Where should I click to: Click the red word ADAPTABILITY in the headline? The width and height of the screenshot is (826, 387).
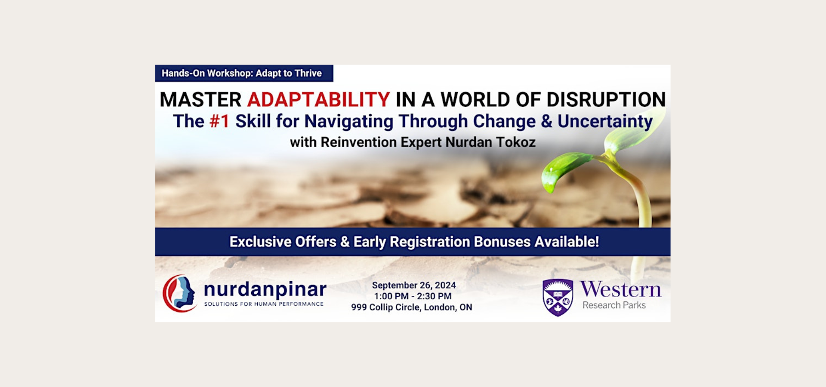click(x=318, y=100)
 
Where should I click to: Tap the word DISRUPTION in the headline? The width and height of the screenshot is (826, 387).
click(x=606, y=100)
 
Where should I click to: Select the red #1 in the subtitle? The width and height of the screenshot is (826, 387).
click(x=219, y=121)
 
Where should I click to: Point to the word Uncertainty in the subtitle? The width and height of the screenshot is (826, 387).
click(x=605, y=122)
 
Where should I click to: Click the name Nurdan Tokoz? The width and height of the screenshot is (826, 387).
click(x=490, y=142)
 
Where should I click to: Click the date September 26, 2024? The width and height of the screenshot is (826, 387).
click(x=414, y=286)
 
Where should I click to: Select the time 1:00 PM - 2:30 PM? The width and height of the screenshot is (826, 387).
click(x=413, y=296)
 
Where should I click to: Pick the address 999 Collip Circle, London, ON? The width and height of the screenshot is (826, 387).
click(x=412, y=307)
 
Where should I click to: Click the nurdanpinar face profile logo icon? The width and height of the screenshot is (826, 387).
click(x=180, y=293)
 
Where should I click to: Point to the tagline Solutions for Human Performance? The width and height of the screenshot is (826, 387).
click(x=264, y=304)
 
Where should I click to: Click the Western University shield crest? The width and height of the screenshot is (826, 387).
click(x=558, y=298)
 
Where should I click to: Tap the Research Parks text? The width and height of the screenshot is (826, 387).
click(x=614, y=305)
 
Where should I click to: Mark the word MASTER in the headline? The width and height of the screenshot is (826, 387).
click(x=200, y=100)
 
